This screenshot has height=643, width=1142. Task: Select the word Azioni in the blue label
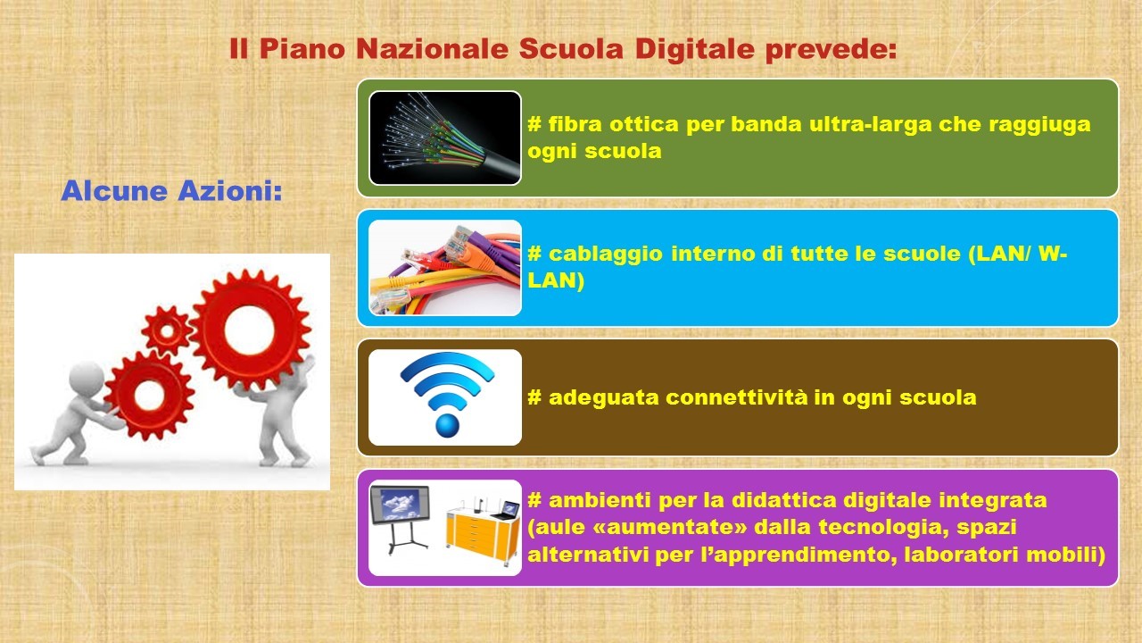[x=230, y=191]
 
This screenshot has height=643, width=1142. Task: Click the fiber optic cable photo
[x=445, y=138]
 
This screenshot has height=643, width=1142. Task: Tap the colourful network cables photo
[x=445, y=267]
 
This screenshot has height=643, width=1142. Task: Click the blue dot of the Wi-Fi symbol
[x=447, y=425]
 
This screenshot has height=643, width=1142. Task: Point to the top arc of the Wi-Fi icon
[x=447, y=363]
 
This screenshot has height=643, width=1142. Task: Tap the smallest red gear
[x=167, y=330]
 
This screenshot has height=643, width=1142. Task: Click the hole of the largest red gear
[x=249, y=330]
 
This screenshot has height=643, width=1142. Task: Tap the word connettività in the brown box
[x=737, y=397]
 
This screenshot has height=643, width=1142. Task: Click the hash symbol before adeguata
[x=534, y=397]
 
